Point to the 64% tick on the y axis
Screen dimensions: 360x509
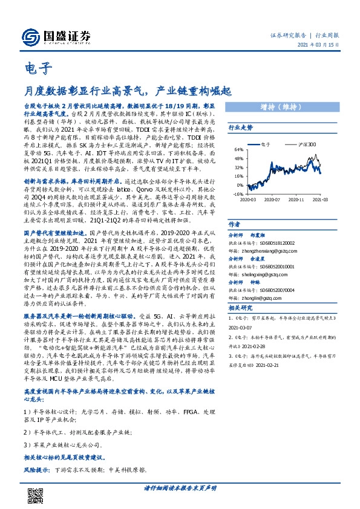tap(239, 149)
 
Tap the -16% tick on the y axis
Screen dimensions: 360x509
tap(238, 194)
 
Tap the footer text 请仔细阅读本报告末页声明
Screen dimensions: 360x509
tap(180, 488)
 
